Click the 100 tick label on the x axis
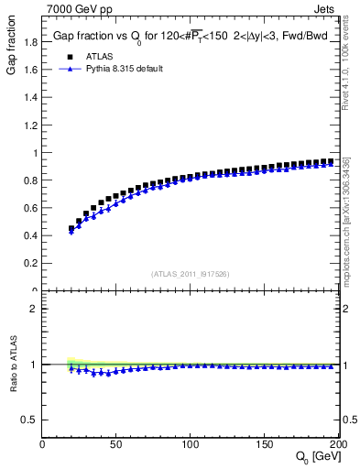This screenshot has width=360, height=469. pos(191,444)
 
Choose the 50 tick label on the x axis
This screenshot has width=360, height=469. pos(116,444)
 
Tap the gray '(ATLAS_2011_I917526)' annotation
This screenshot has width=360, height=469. pos(191,274)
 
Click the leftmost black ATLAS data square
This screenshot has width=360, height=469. pos(71,229)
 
